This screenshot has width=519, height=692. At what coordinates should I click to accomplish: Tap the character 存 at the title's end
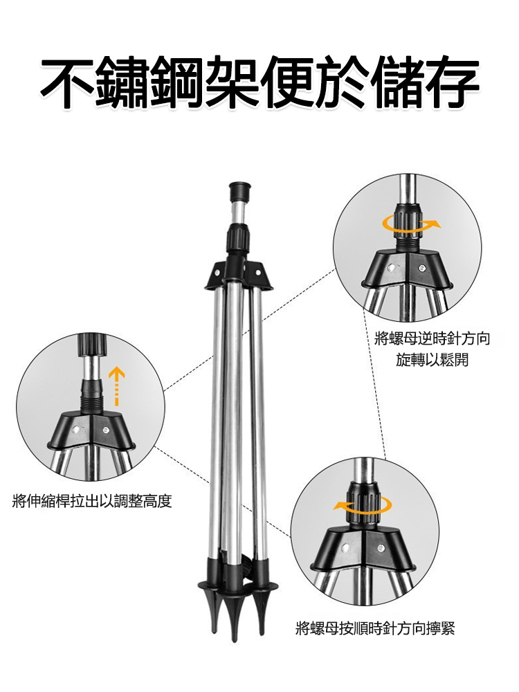tap(450, 82)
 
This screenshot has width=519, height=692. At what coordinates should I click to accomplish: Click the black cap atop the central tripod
tap(238, 190)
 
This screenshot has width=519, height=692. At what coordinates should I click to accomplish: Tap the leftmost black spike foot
tap(215, 616)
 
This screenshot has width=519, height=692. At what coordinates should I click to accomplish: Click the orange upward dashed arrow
tap(116, 385)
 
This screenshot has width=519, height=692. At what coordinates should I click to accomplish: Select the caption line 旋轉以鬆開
tap(432, 360)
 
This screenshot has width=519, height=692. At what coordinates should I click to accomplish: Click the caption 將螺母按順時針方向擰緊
tap(374, 629)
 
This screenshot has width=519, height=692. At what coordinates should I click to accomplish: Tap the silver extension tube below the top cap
tap(238, 212)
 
